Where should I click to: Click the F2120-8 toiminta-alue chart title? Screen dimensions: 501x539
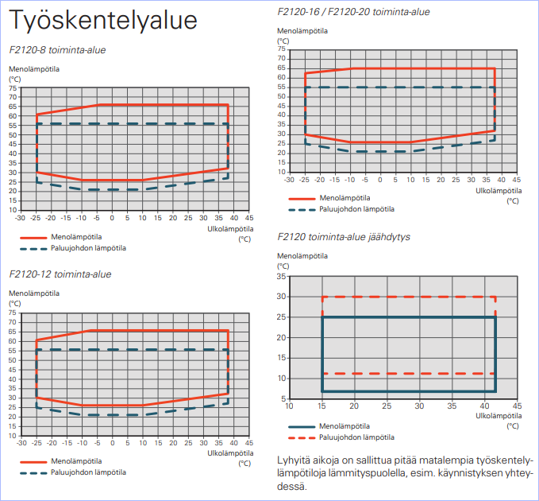coord(57,50)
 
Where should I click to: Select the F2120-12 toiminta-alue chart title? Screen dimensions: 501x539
coord(60,274)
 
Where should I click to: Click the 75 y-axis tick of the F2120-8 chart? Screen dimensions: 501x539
coord(13,87)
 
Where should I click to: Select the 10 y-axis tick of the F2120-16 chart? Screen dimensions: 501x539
coord(281,172)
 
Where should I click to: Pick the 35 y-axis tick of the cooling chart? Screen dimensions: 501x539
coord(281,277)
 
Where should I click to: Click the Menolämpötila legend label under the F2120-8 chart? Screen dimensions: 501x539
coord(77,237)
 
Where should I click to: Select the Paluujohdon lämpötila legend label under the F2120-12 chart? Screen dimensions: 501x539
coord(88,472)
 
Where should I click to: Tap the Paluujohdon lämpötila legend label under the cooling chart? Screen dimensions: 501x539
coord(356,437)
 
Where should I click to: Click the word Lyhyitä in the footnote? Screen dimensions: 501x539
coord(294,460)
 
